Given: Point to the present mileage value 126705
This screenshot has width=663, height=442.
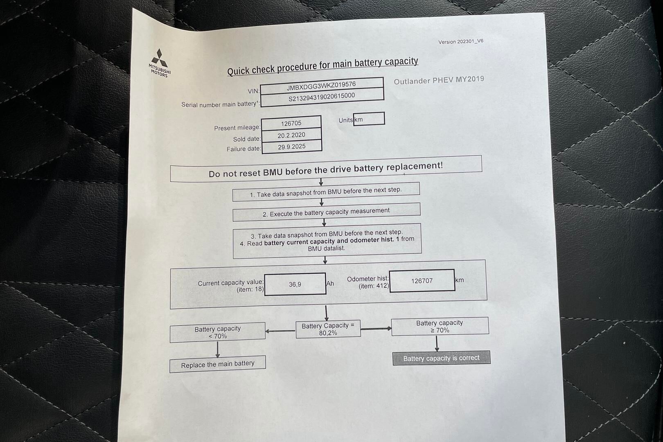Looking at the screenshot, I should pyautogui.click(x=291, y=123).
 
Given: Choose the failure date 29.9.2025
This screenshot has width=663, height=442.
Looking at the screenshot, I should pyautogui.click(x=291, y=147).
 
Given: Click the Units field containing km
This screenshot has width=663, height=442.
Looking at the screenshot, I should pyautogui.click(x=368, y=120).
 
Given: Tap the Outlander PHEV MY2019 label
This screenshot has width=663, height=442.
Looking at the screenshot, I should pyautogui.click(x=439, y=80).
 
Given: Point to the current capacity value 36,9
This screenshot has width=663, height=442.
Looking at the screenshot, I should pyautogui.click(x=295, y=284).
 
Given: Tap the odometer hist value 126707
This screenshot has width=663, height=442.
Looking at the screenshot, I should pyautogui.click(x=422, y=281).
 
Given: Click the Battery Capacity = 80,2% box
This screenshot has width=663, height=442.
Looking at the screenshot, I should pyautogui.click(x=328, y=329).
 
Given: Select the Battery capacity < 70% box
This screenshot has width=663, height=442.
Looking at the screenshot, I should pyautogui.click(x=217, y=332).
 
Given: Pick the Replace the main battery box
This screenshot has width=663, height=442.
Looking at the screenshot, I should pyautogui.click(x=217, y=364).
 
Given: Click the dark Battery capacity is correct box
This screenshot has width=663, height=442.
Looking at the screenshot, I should pyautogui.click(x=441, y=358).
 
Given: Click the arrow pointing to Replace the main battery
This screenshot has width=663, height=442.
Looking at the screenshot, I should pyautogui.click(x=217, y=349).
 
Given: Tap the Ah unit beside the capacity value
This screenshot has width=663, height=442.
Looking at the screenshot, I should pyautogui.click(x=330, y=283).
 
